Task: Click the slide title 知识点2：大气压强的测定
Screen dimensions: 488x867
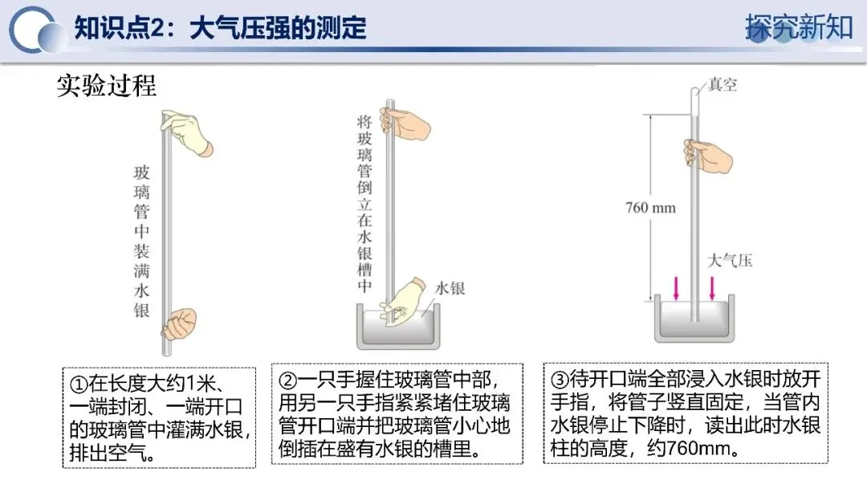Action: (220, 28)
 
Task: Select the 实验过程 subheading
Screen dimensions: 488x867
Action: (106, 85)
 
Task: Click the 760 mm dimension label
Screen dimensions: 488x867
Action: (650, 209)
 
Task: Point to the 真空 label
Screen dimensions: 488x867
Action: (722, 84)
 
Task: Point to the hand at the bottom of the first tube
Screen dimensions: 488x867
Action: (178, 323)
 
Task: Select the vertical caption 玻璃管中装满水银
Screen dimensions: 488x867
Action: (141, 241)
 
